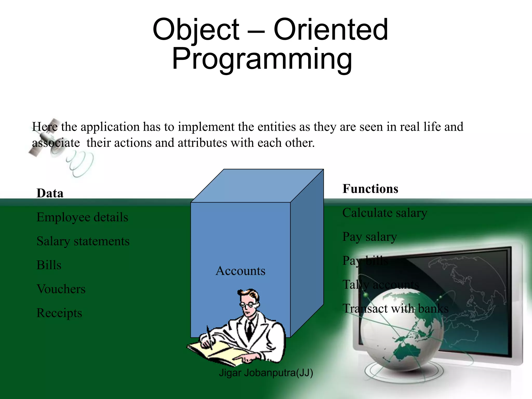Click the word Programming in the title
[262, 59]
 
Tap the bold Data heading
[50, 193]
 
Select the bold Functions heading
[370, 189]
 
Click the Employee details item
[82, 217]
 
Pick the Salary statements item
[83, 241]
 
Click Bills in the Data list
[49, 265]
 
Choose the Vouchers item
[61, 289]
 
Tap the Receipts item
[59, 313]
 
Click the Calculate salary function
[384, 213]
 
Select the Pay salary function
[369, 237]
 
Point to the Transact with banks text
[395, 309]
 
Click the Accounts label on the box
[240, 271]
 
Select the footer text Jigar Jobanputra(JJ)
[266, 373]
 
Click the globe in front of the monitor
[401, 330]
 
